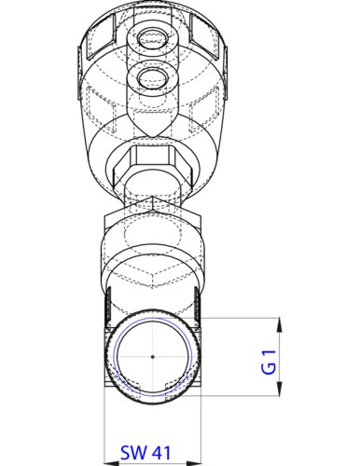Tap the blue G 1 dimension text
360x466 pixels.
269,358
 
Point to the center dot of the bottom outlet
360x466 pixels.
151,358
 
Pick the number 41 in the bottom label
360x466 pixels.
161,455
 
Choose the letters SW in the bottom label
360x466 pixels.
133,455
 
